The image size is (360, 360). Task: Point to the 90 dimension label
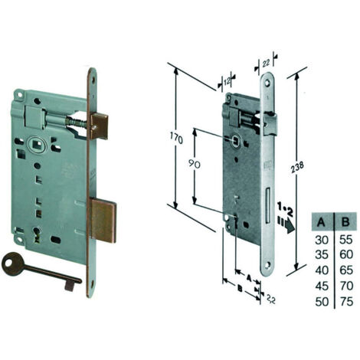[x=195, y=164]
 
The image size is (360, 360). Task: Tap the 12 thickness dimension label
[x=227, y=81]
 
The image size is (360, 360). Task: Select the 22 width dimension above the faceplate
[x=266, y=64]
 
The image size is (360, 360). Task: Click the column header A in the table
[x=321, y=222]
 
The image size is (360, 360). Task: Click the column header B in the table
[x=345, y=222]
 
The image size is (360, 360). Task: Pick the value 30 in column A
[x=322, y=240]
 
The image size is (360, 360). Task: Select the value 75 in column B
[x=346, y=301]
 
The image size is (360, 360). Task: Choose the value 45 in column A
[x=322, y=286]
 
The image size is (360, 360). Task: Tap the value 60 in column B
[x=346, y=255]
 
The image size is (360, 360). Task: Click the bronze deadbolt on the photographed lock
[x=103, y=221]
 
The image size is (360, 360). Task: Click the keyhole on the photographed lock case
[x=38, y=234]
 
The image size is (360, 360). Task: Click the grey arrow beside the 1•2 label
[x=286, y=224]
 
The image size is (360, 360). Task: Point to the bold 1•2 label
[x=285, y=208]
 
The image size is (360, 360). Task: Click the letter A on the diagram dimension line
[x=248, y=277]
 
